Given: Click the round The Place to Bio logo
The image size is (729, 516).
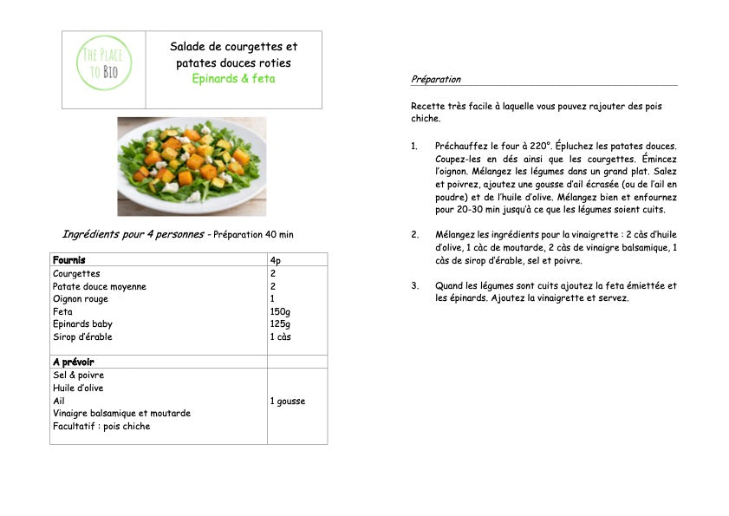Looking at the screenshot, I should pos(104,62).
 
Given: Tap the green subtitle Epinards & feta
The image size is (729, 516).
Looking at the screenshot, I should pos(233,79).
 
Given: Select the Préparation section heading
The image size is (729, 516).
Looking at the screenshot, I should pos(436,79).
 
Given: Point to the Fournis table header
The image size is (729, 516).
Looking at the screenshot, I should pos(69,260).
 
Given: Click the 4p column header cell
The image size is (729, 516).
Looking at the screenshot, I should pos(275,260).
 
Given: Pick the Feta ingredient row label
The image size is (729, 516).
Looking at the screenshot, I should pos(62,311).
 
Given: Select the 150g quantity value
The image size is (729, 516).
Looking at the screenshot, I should pos(279,311).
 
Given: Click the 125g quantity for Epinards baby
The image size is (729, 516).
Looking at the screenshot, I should pos(279,324).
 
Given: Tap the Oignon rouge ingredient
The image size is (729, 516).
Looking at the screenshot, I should pos(81,299).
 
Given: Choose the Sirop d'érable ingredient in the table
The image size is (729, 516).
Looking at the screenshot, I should pos(82,336).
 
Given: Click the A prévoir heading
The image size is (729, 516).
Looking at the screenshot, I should pos(73,362).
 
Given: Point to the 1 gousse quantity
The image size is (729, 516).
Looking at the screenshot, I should pos(287,401).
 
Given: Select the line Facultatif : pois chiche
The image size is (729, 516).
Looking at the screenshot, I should pos(101,426).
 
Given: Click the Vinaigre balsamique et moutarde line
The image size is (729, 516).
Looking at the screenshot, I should pos(121,413).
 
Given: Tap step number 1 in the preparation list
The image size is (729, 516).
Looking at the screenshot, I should pos(414,146).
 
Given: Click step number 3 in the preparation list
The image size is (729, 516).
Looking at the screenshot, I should pos(414,285).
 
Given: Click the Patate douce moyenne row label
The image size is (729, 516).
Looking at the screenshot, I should pos(100,286).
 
